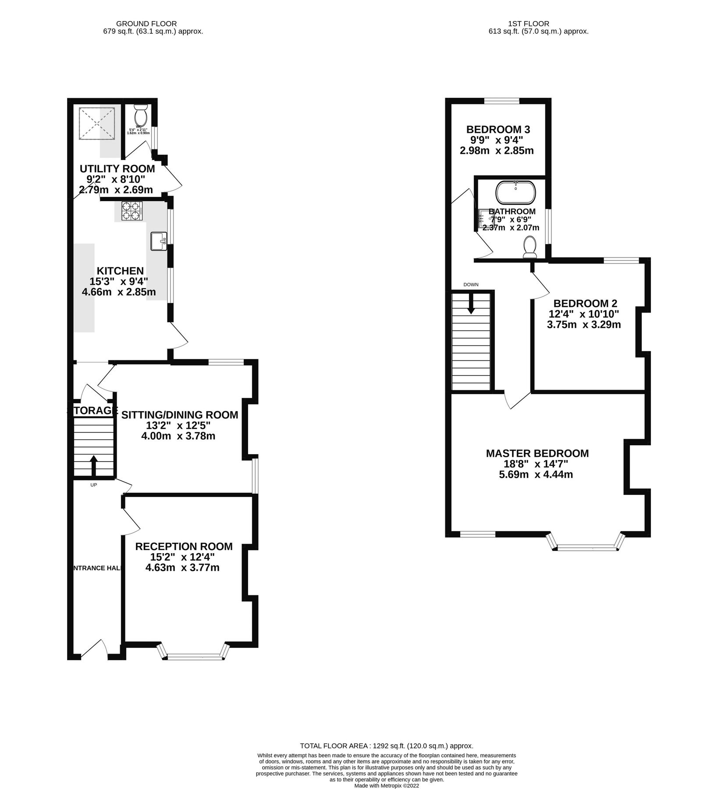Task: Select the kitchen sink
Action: [158, 241]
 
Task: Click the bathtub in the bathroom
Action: [515, 193]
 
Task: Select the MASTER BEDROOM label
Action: [537, 453]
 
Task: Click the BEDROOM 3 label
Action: [498, 129]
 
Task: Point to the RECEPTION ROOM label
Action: [184, 546]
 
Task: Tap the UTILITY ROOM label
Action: [117, 169]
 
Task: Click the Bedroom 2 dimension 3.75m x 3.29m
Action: [584, 325]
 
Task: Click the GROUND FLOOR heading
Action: [146, 24]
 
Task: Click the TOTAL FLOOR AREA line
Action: [386, 746]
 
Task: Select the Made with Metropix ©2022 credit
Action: [387, 786]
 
